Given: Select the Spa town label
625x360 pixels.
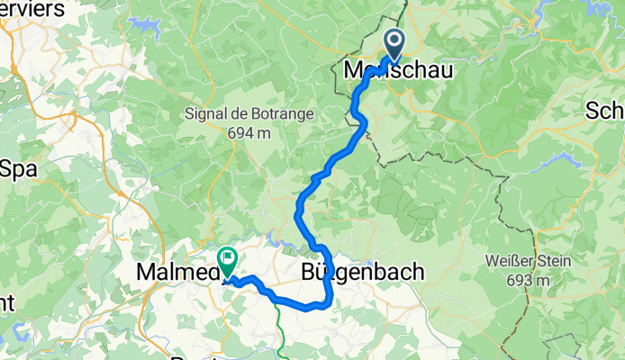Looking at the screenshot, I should pyautogui.click(x=15, y=167).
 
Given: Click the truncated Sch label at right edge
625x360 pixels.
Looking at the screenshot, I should pyautogui.click(x=605, y=111).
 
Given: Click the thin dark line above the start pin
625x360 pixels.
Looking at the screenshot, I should pyautogui.click(x=403, y=13).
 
